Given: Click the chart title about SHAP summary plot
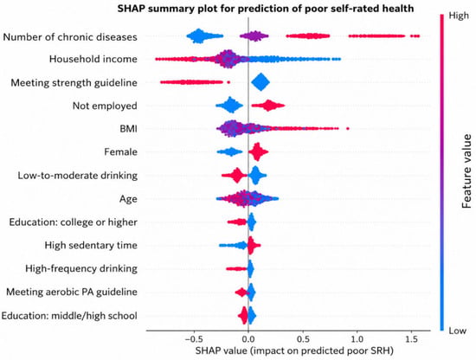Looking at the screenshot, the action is coord(266,8).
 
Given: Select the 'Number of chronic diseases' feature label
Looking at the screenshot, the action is coord(70,37).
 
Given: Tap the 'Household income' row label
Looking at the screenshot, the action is coord(93,59).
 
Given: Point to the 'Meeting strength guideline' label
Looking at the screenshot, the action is coord(74,82).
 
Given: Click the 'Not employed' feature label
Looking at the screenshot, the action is coord(105,106).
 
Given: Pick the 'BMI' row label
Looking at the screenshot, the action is coord(128,129).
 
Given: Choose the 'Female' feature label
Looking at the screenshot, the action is coord(120,151).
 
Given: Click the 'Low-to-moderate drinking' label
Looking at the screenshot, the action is coord(77,176).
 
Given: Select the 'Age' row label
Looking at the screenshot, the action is coord(128,199).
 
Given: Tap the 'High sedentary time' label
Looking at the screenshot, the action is coord(91,245).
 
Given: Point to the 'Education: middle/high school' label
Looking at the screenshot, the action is coord(69,316).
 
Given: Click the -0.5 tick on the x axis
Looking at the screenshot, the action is coord(192,338).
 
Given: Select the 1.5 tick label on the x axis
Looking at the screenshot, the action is coord(411,338).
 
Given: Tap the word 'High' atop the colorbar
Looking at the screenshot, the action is coord(459,16).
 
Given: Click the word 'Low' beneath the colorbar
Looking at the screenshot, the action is coord(457,331).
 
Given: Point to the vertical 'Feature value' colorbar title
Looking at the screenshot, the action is coord(466,171).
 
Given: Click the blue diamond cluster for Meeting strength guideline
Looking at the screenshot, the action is coord(261,82).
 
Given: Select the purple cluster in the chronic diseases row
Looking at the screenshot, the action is coord(254,36).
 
